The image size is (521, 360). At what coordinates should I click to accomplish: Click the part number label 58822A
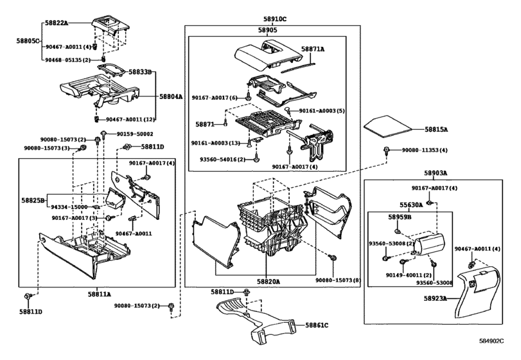pos(57,23)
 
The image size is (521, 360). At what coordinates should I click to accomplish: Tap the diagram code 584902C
pos(491,341)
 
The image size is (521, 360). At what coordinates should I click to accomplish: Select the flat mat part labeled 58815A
pos(388,127)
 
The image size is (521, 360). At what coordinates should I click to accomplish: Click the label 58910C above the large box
pos(275,19)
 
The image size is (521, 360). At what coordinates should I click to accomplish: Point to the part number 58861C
pos(317,325)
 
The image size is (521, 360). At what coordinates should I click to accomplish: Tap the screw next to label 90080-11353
pos(387,151)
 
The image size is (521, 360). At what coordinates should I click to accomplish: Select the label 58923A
pos(436,298)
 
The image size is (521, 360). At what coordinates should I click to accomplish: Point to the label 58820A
pos(268,282)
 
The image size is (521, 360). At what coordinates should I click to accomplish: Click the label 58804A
pos(171,96)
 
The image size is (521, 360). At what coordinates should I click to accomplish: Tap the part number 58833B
pos(140,71)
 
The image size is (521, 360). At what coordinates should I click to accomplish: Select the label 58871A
pos(313,49)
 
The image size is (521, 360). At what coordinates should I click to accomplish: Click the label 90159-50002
pos(135,134)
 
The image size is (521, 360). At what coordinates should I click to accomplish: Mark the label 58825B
pos(33,200)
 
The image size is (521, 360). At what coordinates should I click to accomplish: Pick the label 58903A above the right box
pos(436,173)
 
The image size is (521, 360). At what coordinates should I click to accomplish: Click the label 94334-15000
pos(69,207)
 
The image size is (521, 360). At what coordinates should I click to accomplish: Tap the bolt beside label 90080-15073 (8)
pos(333,258)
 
